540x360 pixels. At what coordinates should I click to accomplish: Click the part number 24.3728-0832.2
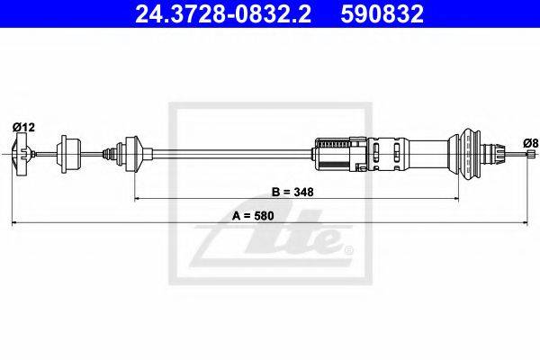[223, 13]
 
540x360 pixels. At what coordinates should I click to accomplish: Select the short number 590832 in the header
[382, 13]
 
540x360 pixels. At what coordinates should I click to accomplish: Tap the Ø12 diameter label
[23, 128]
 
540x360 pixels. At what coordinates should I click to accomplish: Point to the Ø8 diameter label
[530, 142]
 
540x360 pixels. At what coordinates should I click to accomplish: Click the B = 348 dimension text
[292, 192]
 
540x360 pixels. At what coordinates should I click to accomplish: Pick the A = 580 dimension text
[253, 216]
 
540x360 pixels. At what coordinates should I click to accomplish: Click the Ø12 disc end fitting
[22, 154]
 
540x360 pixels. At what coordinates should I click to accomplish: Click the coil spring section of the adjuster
[333, 142]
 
